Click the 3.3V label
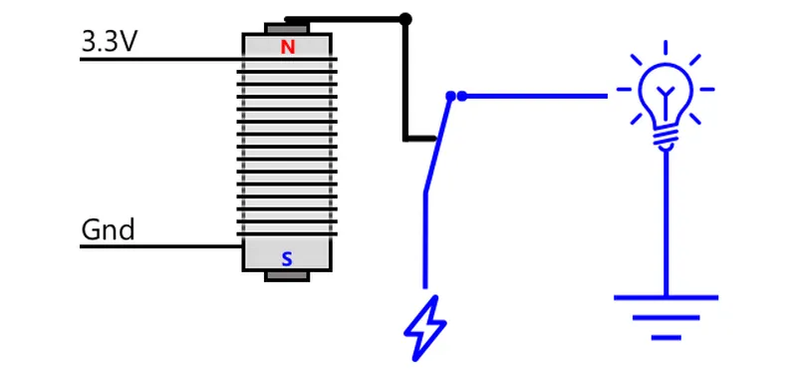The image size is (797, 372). point(109,41)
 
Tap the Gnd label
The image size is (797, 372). point(108,229)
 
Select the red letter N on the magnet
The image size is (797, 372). point(288,47)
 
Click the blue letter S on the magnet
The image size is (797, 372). point(287,259)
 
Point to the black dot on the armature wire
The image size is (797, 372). point(405,19)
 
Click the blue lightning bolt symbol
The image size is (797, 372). point(424,328)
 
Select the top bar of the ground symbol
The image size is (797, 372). point(665,297)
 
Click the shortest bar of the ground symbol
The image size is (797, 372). point(665,337)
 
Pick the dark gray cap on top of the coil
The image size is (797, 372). point(287,28)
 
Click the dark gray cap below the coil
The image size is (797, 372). point(287,276)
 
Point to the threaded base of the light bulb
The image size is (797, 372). point(665,139)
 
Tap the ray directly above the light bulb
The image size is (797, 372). point(665,47)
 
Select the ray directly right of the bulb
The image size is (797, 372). point(707,89)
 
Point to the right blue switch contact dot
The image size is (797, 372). point(461,96)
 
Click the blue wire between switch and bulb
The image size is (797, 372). point(535,96)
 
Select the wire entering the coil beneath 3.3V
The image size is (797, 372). point(160,60)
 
